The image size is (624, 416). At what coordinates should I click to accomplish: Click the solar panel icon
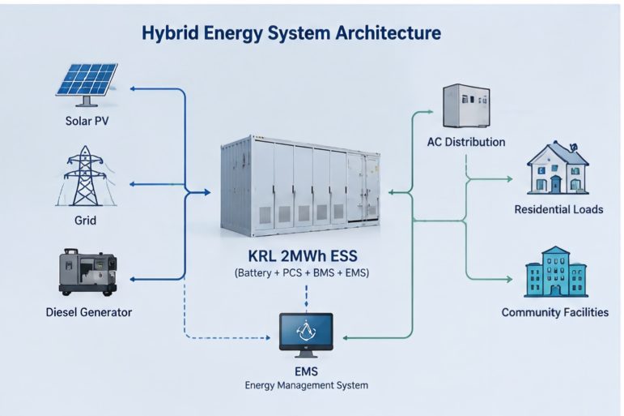pyautogui.click(x=87, y=84)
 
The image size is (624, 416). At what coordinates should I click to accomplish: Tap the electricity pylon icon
pyautogui.click(x=86, y=176)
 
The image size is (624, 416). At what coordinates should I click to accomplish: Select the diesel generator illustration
pyautogui.click(x=87, y=272)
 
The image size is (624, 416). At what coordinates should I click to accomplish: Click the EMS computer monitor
pyautogui.click(x=306, y=335)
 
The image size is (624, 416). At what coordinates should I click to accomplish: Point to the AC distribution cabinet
pyautogui.click(x=466, y=105)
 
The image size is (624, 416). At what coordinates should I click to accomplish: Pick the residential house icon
pyautogui.click(x=558, y=169)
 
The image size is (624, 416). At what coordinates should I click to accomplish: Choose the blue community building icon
pyautogui.click(x=556, y=272)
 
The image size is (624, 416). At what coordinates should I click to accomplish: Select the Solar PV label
pyautogui.click(x=87, y=121)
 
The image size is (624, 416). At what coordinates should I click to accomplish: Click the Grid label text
pyautogui.click(x=86, y=221)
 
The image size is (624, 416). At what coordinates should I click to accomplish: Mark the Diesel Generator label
pyautogui.click(x=89, y=312)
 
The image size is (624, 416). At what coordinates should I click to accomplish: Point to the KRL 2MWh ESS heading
pyautogui.click(x=303, y=255)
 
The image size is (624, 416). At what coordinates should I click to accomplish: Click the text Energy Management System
pyautogui.click(x=307, y=385)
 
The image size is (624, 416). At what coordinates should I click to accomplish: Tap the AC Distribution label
pyautogui.click(x=466, y=142)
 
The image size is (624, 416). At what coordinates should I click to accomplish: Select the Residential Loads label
pyautogui.click(x=558, y=209)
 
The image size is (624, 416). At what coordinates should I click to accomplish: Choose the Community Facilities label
pyautogui.click(x=555, y=312)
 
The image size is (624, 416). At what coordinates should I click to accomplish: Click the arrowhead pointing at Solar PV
pyautogui.click(x=134, y=88)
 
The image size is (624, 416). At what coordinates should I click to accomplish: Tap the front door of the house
pyautogui.click(x=555, y=184)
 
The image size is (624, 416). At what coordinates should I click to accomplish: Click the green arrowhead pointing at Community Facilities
pyautogui.click(x=509, y=279)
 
